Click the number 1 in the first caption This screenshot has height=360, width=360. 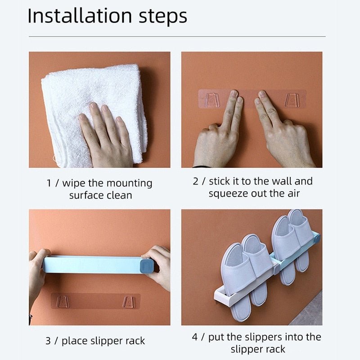pyautogui.click(x=49, y=184)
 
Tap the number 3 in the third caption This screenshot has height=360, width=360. pyautogui.click(x=48, y=341)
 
